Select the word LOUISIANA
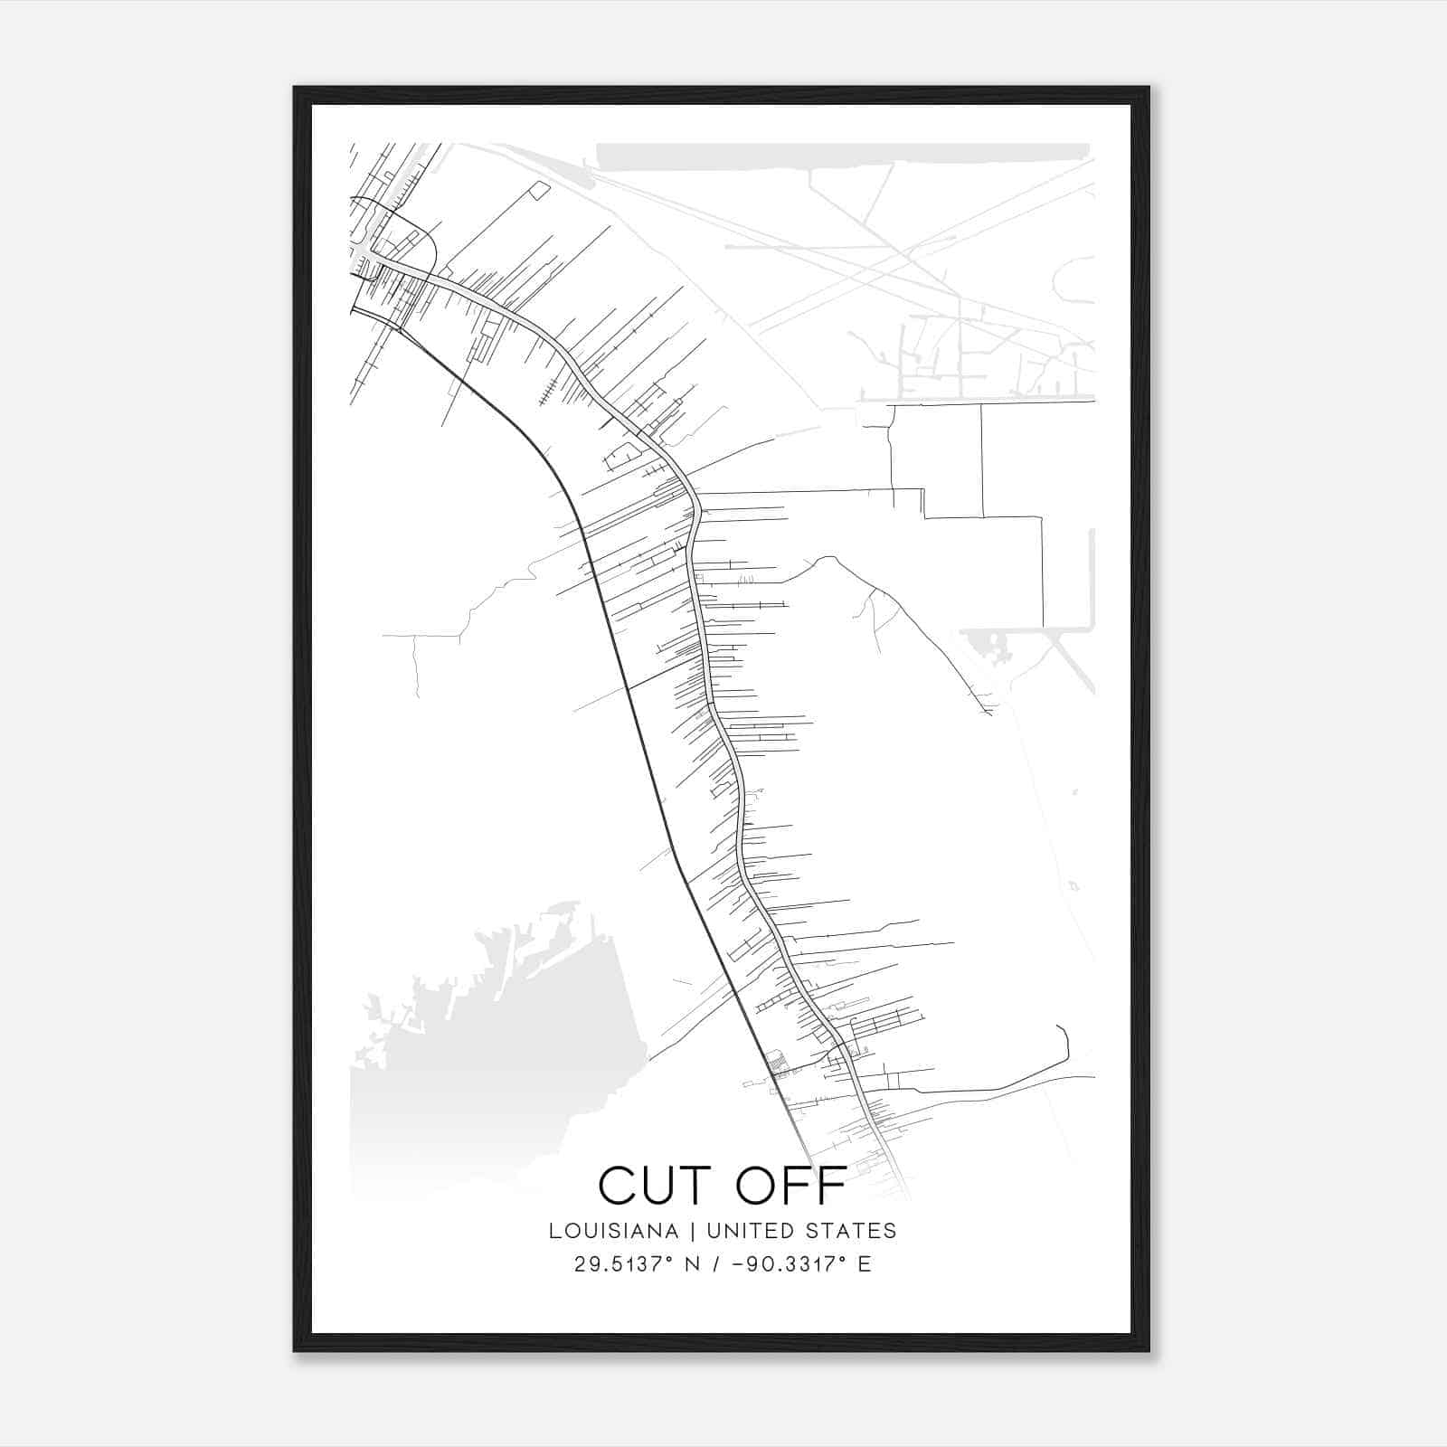pos(613,1231)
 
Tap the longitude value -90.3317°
pos(787,1264)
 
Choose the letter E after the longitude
pos(865,1264)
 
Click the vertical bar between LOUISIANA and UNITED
pos(693,1231)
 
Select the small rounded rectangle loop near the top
pos(539,190)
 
